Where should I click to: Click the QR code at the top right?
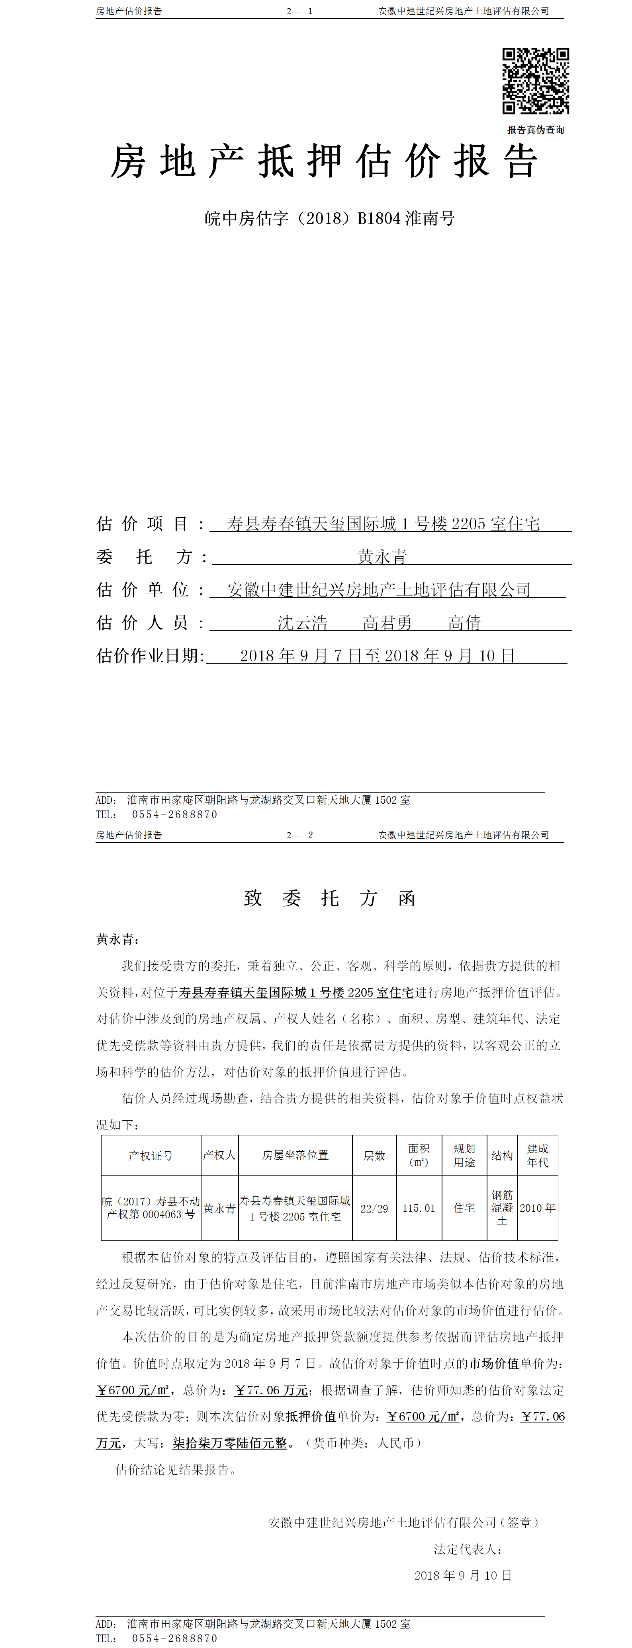click(x=535, y=81)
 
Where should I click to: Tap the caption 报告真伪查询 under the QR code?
click(x=535, y=130)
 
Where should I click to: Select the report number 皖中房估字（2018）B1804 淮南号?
click(x=329, y=219)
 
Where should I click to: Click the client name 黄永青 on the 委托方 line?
click(x=382, y=557)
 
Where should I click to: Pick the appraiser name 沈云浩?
click(x=302, y=622)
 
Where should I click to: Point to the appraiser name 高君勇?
click(x=387, y=622)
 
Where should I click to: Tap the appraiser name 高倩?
click(x=464, y=622)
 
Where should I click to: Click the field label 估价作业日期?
click(x=150, y=656)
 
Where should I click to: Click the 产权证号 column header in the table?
click(x=151, y=1155)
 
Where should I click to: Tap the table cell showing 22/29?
click(x=374, y=1209)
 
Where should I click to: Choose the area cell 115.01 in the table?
click(x=419, y=1209)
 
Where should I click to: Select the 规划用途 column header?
click(x=464, y=1155)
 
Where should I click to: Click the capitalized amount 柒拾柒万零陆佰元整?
click(x=230, y=1443)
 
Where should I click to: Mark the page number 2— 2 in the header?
click(x=299, y=835)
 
